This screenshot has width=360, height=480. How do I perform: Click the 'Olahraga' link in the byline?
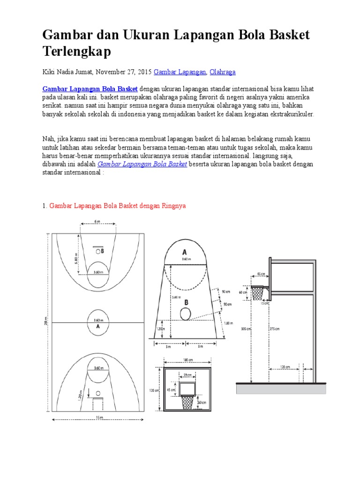tap(222, 72)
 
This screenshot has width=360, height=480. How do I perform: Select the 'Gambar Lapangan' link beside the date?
tap(180, 72)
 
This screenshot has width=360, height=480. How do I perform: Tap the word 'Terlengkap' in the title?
tap(76, 52)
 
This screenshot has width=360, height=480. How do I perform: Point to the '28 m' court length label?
tap(45, 322)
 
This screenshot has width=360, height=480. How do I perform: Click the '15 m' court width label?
tap(98, 418)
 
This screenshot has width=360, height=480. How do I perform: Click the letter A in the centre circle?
tap(98, 326)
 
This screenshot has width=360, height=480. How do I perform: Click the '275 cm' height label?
tap(275, 329)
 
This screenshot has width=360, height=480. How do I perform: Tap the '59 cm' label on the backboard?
tap(187, 375)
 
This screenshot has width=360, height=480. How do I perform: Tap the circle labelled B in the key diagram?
tap(186, 313)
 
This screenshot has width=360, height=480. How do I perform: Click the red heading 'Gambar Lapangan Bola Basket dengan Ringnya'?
tap(117, 206)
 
